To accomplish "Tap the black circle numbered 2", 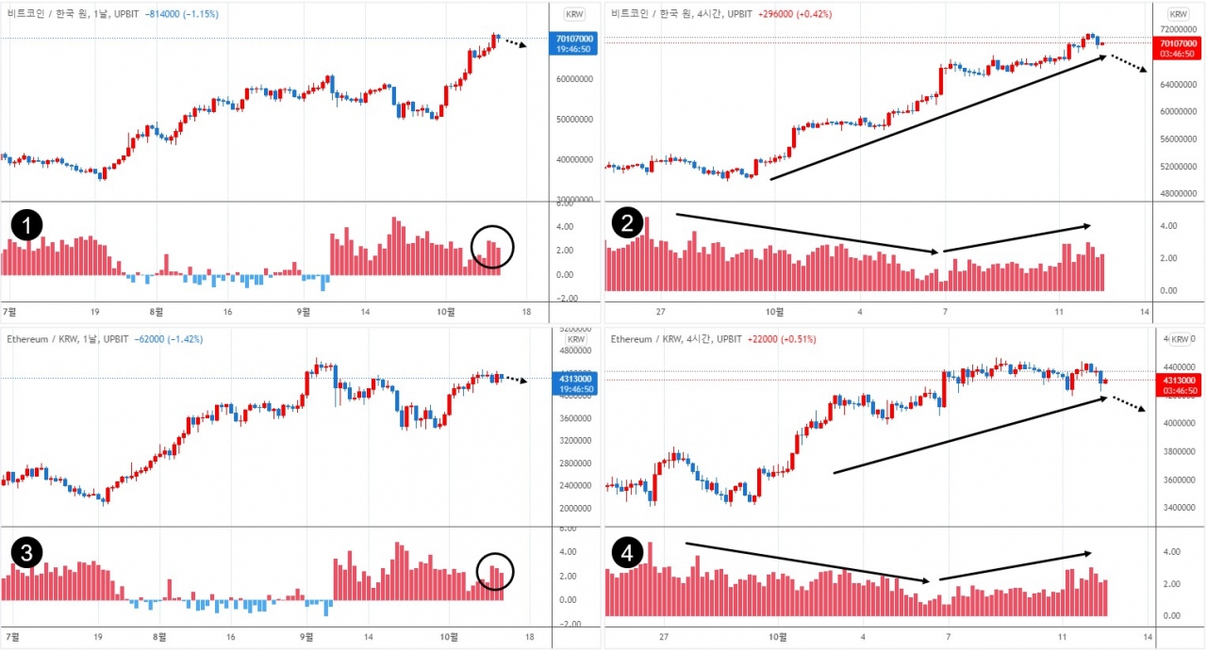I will pos(627,223).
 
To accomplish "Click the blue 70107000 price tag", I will pos(572,42).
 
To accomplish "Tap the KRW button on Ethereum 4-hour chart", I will pos(1179,339).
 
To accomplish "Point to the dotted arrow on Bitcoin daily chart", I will pos(512,42).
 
